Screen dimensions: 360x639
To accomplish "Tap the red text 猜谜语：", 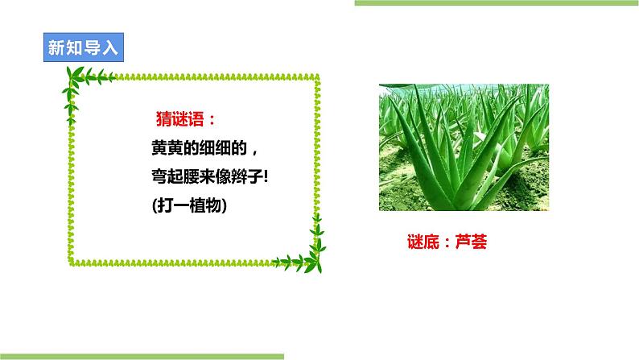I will tap(185, 119).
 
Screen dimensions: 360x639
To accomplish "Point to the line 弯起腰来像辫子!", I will tap(208, 176).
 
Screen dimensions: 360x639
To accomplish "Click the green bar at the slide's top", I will tap(496, 3).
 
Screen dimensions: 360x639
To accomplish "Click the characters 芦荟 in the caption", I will tap(470, 241).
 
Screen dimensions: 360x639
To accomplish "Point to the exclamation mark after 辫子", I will tap(264, 176).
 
